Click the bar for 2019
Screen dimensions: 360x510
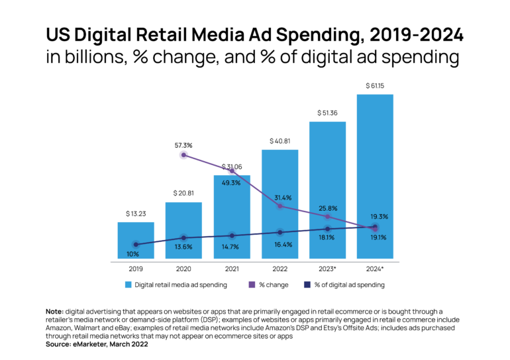(136, 240)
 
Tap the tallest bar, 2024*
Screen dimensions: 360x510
(375, 176)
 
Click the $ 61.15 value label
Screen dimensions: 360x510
(375, 86)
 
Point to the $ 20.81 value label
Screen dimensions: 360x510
(183, 193)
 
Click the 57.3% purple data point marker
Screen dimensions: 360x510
(183, 154)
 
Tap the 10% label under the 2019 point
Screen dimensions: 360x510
(132, 254)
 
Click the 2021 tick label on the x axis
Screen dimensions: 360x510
(231, 269)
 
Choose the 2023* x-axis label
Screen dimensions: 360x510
(327, 269)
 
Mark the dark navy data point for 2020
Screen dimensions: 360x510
(183, 237)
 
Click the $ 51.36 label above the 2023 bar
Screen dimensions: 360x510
(327, 113)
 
